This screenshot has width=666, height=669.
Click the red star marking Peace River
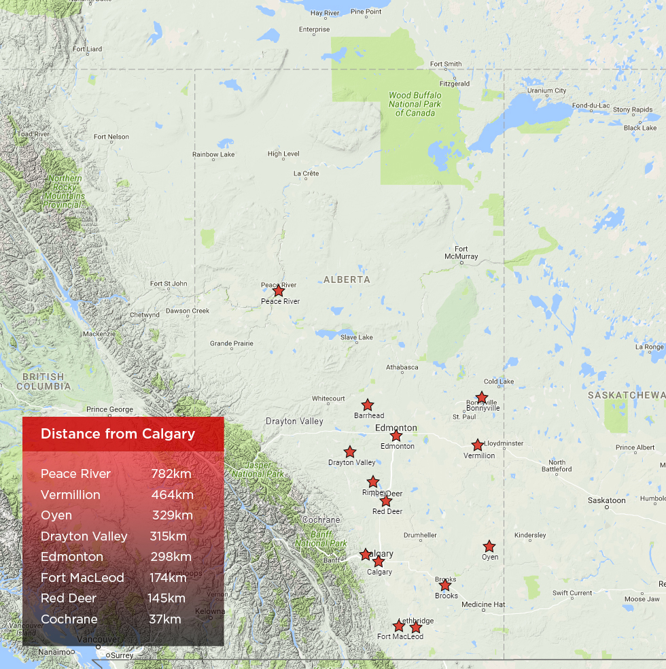pos(278,291)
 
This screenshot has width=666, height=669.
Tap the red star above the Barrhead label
pos(368,405)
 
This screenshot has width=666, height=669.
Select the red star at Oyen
pos(489,547)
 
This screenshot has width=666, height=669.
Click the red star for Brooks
pos(445,585)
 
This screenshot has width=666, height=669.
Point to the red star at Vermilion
pos(478,445)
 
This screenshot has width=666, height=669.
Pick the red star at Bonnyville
pos(482,398)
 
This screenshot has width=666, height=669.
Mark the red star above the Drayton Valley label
pos(350,452)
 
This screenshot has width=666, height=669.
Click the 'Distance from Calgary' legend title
pos(118,434)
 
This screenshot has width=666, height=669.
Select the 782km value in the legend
pos(171,474)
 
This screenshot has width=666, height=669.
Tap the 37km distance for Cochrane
pos(165,619)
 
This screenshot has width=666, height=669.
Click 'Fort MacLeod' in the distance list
pos(82,577)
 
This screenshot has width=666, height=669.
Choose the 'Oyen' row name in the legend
pos(56,515)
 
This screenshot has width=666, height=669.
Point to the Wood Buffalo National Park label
pos(415,104)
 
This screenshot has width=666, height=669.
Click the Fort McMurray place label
pos(461,253)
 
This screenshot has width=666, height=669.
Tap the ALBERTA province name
pos(347,279)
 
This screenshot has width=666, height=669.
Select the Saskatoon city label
pos(607,500)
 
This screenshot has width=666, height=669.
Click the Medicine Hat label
pos(483,604)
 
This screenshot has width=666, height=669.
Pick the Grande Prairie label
pos(232,343)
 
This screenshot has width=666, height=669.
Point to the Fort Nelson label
pos(111,137)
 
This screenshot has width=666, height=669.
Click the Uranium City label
pos(547,90)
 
